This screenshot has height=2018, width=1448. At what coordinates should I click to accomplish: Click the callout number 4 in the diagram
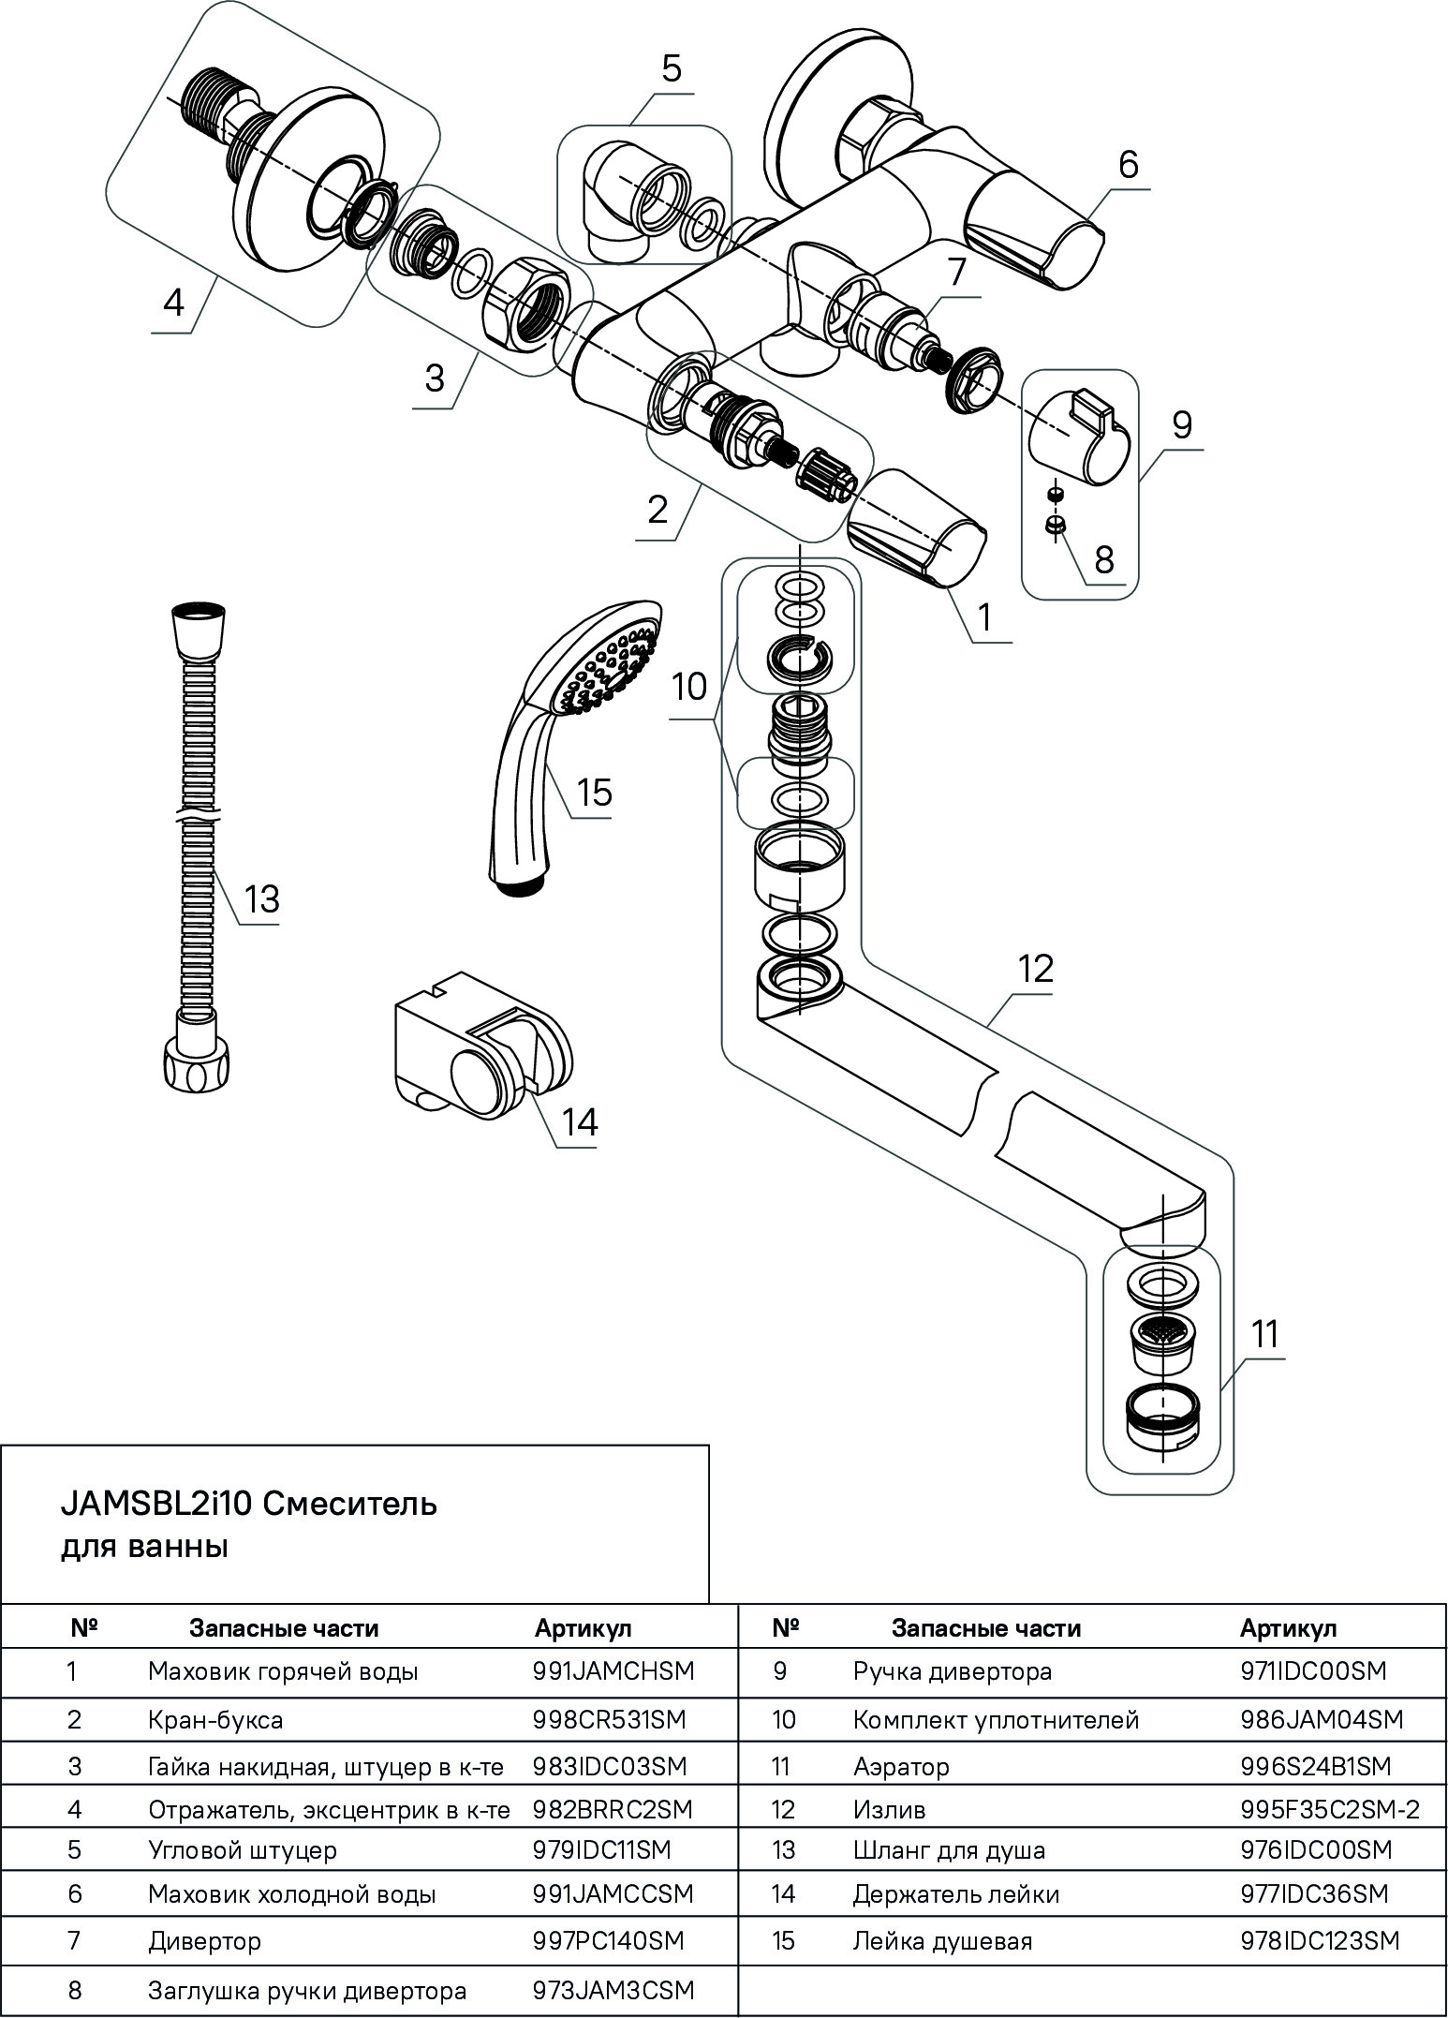[173, 303]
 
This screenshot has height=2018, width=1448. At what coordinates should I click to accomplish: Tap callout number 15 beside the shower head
[595, 793]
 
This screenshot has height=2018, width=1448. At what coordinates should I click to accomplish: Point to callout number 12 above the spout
[1035, 968]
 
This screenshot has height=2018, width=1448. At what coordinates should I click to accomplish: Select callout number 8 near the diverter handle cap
[1104, 559]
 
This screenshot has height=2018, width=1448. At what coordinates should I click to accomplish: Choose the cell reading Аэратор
[901, 1767]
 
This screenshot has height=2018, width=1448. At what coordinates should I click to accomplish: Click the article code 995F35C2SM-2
[1330, 1810]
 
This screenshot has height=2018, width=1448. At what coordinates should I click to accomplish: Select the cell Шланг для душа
[949, 1850]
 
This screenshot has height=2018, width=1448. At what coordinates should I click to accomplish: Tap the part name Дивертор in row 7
[204, 1939]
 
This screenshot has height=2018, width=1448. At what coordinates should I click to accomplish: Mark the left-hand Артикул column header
[584, 1628]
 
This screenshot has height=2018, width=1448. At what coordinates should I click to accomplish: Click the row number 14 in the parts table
[783, 1894]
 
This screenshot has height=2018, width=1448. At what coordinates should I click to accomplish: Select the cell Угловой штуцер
[243, 1850]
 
